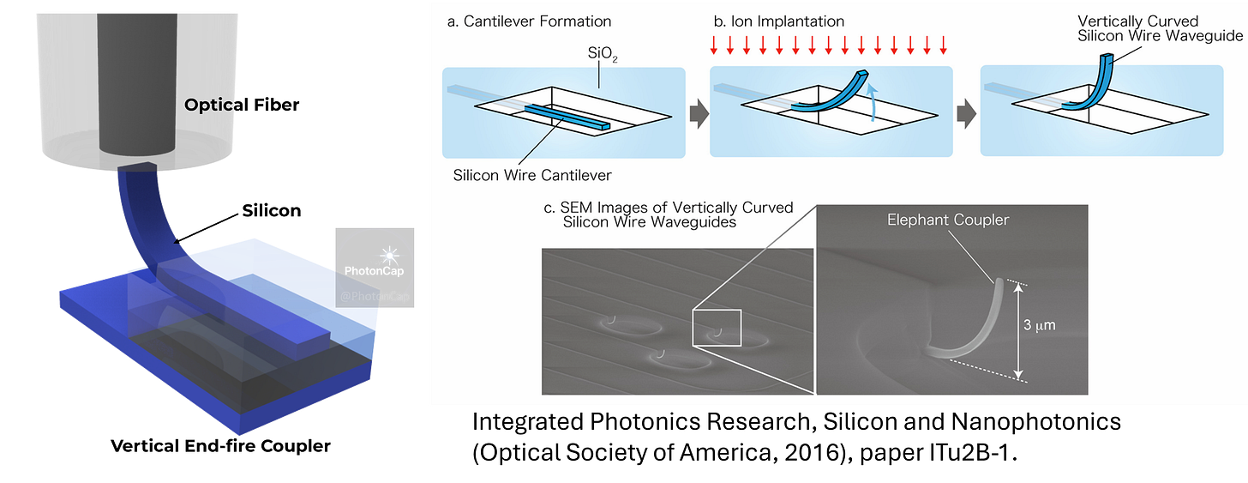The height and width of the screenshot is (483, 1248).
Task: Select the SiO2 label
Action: [x=598, y=54]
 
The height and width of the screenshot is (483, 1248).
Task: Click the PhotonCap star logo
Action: [x=391, y=255]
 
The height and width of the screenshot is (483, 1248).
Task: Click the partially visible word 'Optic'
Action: [x=210, y=106]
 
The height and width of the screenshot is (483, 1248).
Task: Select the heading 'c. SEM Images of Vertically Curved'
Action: [x=663, y=209]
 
